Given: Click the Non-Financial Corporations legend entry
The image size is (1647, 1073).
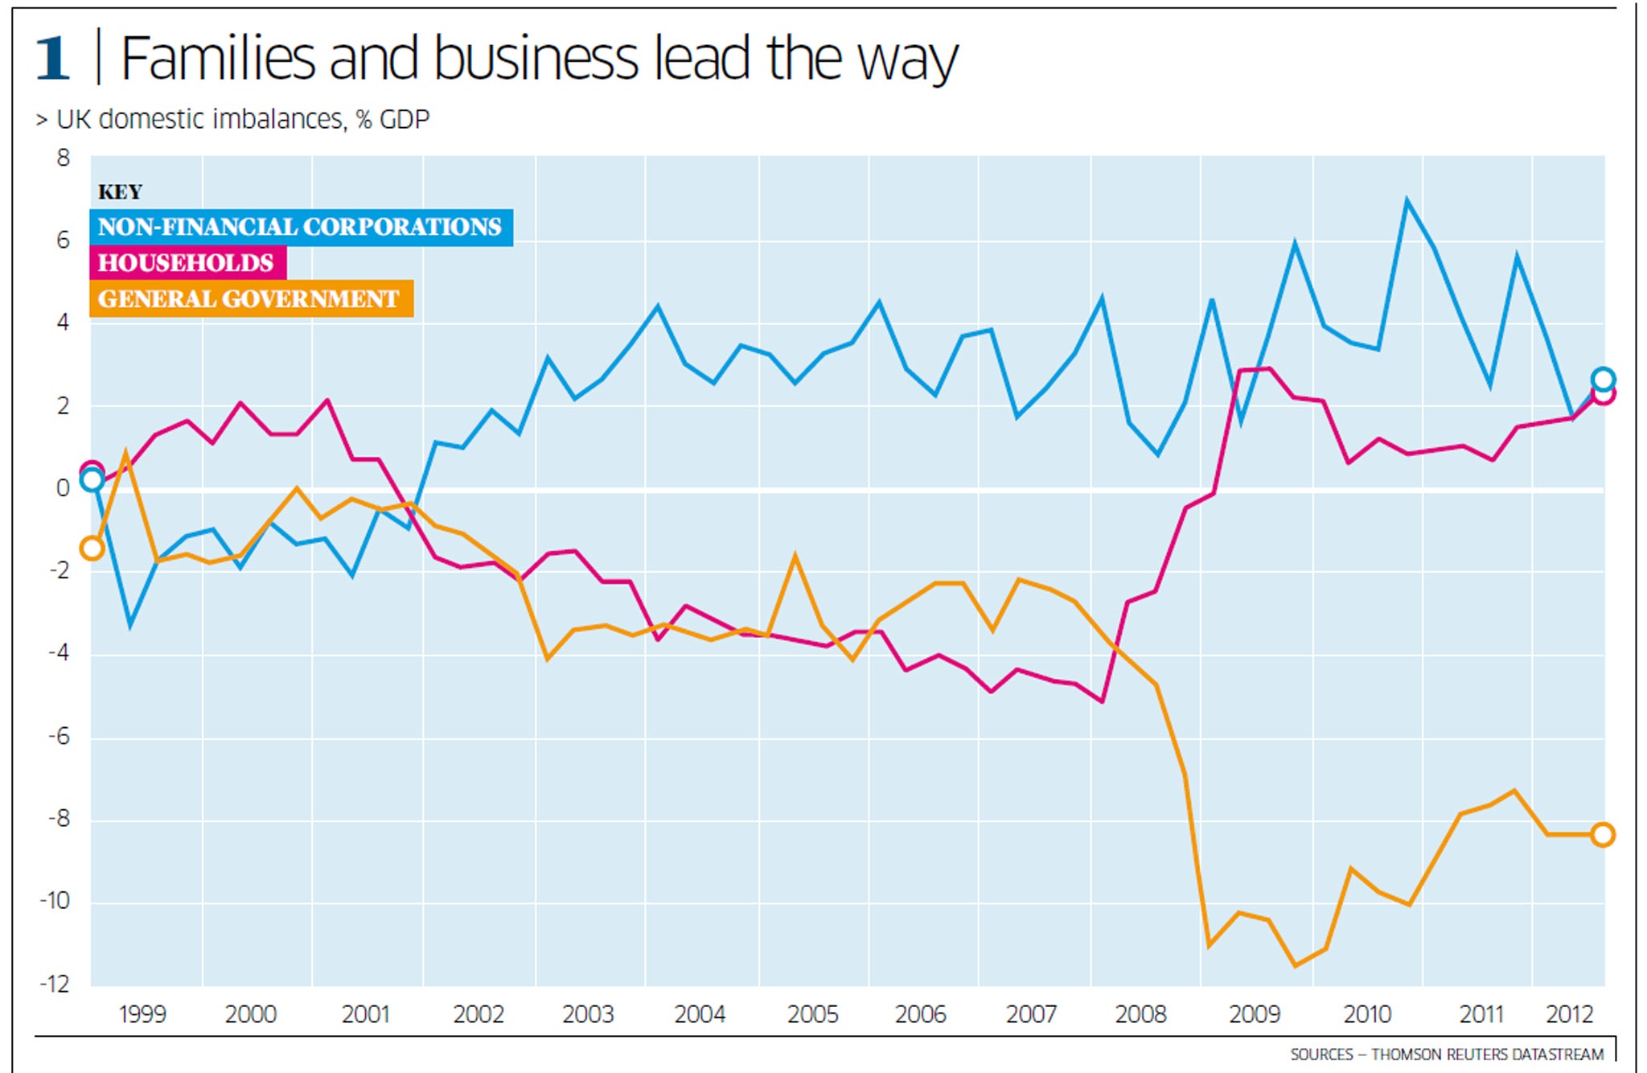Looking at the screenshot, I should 300,227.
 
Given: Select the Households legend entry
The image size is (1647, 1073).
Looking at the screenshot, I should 187,263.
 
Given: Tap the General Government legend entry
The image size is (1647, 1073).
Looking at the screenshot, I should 249,299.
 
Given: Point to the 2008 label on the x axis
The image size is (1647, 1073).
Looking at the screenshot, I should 1140,1014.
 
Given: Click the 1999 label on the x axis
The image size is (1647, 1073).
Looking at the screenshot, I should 142,1014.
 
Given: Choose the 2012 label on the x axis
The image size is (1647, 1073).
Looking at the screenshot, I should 1569,1014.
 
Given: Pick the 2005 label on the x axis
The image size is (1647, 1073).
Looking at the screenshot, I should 812,1014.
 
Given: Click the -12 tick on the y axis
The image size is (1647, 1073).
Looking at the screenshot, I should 55,984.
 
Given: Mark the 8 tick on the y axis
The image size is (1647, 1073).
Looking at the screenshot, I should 63,158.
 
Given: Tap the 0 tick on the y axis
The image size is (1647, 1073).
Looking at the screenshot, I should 63,488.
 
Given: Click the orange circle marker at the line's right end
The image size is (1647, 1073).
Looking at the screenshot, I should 1603,835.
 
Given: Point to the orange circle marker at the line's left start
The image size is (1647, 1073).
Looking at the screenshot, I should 92,549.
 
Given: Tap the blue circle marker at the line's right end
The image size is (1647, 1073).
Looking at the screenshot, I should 1603,379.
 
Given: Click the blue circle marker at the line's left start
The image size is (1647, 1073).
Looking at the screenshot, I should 92,480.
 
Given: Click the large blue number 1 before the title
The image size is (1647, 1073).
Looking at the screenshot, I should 53,58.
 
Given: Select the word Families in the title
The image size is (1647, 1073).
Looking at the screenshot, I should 217,58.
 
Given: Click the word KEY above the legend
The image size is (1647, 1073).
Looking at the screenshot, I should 120,192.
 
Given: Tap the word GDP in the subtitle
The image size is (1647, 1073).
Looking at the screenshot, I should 405,120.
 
